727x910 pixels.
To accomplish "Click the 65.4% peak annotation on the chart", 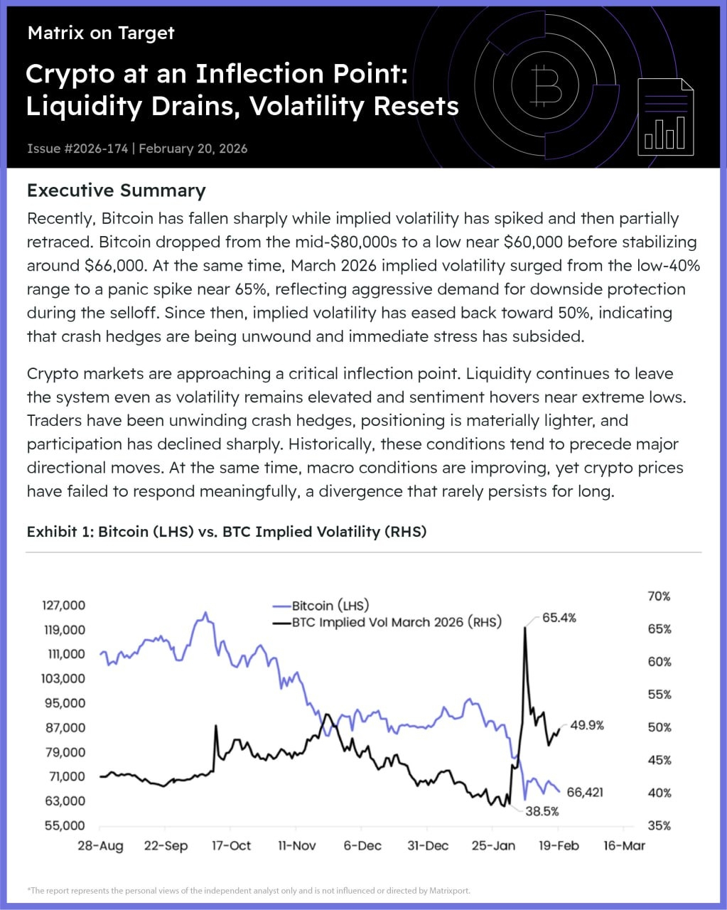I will [559, 618].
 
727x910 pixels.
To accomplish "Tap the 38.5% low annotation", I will [542, 810].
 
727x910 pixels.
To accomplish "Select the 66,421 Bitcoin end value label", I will [585, 792].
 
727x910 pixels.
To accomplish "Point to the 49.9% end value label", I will [587, 725].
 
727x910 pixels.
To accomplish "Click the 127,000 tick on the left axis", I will [64, 605].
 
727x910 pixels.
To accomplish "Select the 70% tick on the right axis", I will [659, 596].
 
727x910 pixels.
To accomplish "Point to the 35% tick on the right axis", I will [659, 825].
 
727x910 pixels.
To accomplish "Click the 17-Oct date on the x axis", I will [232, 845].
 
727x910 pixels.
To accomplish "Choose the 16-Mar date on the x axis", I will [625, 845].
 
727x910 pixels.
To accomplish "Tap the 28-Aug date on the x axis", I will [101, 845].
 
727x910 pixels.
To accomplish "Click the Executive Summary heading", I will [116, 191].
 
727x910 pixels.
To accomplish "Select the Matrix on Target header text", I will [101, 33].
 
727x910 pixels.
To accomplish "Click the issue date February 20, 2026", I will [193, 149].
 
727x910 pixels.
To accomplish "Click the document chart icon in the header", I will [666, 117].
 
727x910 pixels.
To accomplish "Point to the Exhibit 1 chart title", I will [226, 532].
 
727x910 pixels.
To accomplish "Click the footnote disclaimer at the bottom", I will [249, 890].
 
